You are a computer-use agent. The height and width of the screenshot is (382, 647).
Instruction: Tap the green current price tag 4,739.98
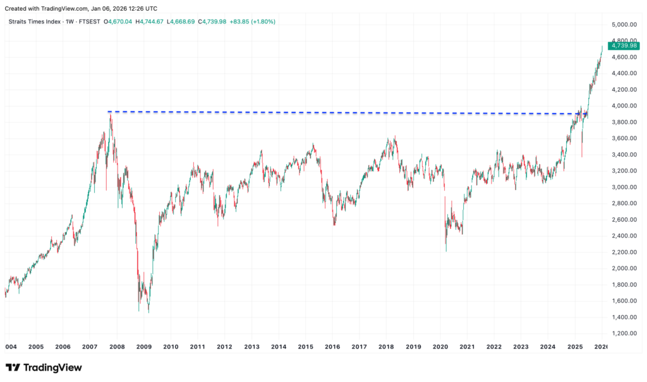coord(623,45)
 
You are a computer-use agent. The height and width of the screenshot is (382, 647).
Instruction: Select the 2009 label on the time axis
coord(144,347)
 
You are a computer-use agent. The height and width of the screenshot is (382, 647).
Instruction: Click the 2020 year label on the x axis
coord(440,347)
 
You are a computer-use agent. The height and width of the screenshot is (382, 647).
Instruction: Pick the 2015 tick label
coord(306,347)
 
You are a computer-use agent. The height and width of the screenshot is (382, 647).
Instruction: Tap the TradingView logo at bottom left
coord(44,367)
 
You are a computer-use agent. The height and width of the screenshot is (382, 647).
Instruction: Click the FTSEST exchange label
coord(87,21)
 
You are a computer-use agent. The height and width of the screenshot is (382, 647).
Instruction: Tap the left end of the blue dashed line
coord(109,112)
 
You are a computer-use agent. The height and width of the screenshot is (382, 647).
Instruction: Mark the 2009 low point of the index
coord(148,312)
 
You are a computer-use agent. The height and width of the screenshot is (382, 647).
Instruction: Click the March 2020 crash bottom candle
coord(446,251)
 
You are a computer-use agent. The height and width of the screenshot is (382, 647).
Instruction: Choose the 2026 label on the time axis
coord(601,347)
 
